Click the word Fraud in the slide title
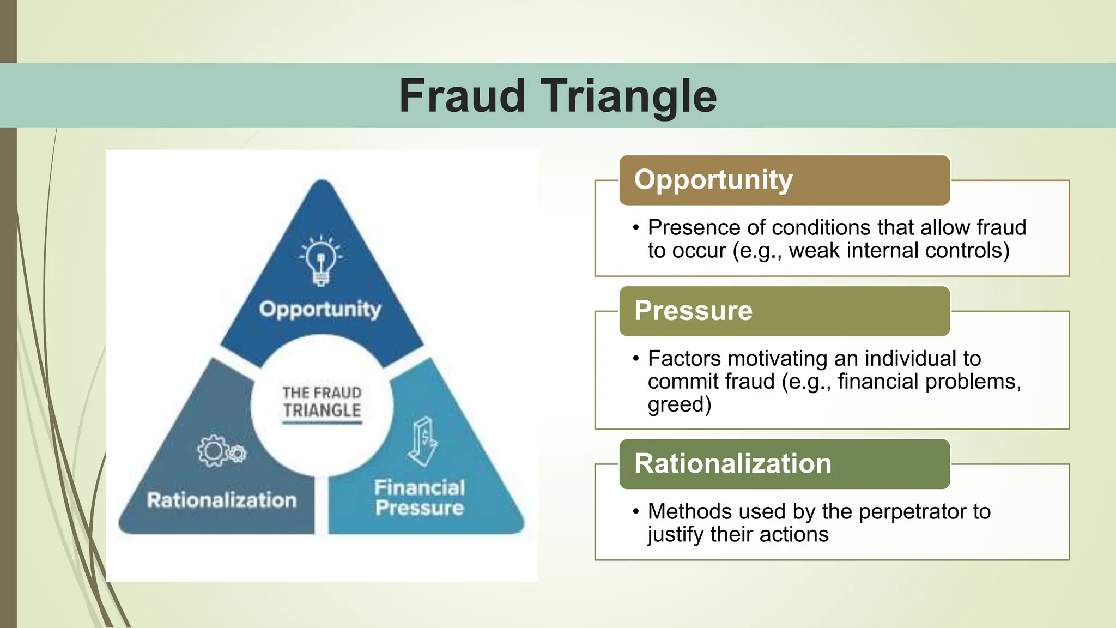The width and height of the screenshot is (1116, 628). (x=462, y=96)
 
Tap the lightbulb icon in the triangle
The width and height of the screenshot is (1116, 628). (x=321, y=261)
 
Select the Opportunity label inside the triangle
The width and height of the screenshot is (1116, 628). (x=320, y=309)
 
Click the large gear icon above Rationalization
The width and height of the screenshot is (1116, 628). (x=212, y=450)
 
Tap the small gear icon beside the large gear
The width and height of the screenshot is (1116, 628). (x=237, y=453)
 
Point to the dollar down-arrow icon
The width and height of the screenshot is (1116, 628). (x=423, y=442)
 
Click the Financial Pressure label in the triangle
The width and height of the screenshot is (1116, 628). (x=420, y=498)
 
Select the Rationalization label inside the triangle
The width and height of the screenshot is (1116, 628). (x=222, y=500)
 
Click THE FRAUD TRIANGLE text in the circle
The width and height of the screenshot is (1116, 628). (x=322, y=402)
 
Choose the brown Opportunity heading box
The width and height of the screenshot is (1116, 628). (x=784, y=180)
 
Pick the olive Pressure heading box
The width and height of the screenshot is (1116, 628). (x=784, y=311)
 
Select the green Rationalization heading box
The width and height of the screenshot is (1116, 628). (x=784, y=464)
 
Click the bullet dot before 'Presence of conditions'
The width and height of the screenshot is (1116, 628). (x=636, y=228)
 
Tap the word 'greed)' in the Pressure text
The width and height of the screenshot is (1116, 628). (x=680, y=404)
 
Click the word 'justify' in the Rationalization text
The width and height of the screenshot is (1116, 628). (x=675, y=534)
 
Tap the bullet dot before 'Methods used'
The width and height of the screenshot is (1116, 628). (x=636, y=512)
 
